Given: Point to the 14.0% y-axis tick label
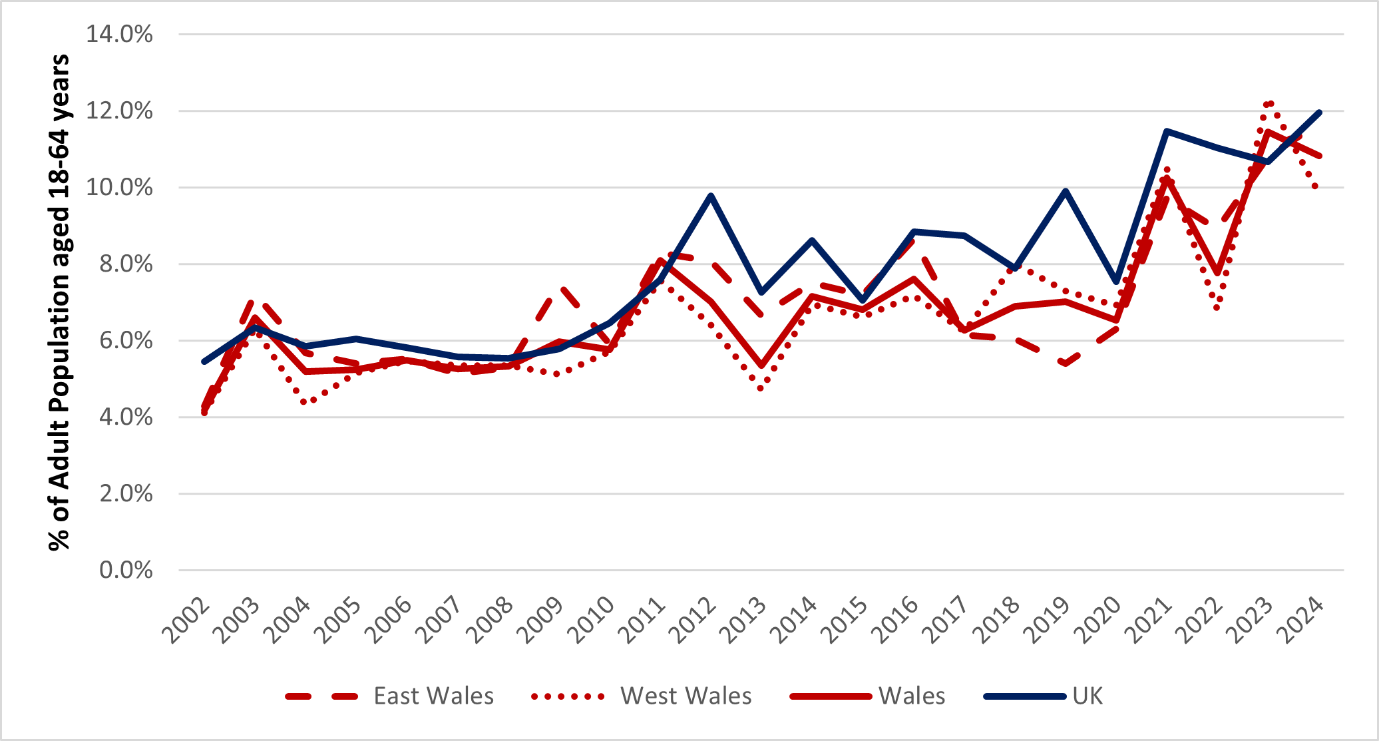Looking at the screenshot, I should pos(120,34).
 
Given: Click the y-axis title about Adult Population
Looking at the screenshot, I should pos(59,303).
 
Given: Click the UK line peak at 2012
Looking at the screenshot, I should pos(711,196).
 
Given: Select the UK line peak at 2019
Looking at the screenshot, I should pos(1066,191).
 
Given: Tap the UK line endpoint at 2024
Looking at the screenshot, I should pos(1319,113).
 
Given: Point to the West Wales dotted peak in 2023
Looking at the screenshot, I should pos(1269,103).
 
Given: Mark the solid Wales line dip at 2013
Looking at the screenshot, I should pos(761,366).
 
